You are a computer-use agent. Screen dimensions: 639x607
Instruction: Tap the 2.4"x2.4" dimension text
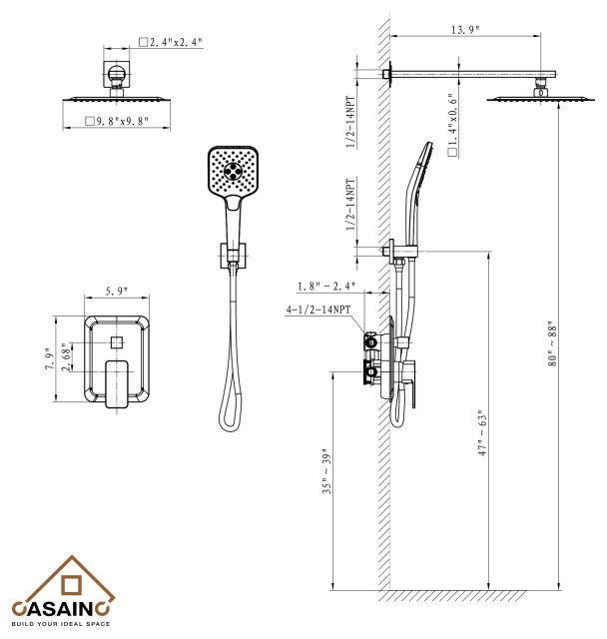point(174,43)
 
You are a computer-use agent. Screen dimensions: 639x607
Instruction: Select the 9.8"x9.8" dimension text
point(119,122)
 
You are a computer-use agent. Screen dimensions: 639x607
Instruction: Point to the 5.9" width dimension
point(119,292)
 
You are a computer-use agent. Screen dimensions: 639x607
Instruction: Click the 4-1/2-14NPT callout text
point(318,311)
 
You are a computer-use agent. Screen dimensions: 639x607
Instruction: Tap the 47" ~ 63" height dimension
point(481,431)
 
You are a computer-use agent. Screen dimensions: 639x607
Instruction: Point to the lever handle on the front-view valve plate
point(118,382)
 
